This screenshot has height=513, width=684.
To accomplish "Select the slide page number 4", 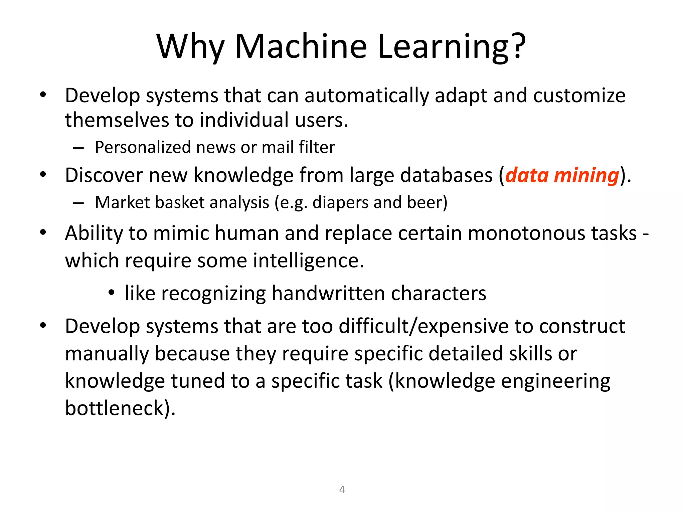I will pos(342,490).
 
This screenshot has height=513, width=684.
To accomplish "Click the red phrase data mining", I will pos(562,175).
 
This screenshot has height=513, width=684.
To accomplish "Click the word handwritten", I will pos(328,294).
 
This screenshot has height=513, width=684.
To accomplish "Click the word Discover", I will pos(104,175).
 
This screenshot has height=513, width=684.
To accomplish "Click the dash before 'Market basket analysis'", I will pos(78,203).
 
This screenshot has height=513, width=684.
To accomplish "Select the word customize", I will pos(579,96).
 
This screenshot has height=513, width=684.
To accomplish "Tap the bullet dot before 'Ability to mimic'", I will pos(43,232).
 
